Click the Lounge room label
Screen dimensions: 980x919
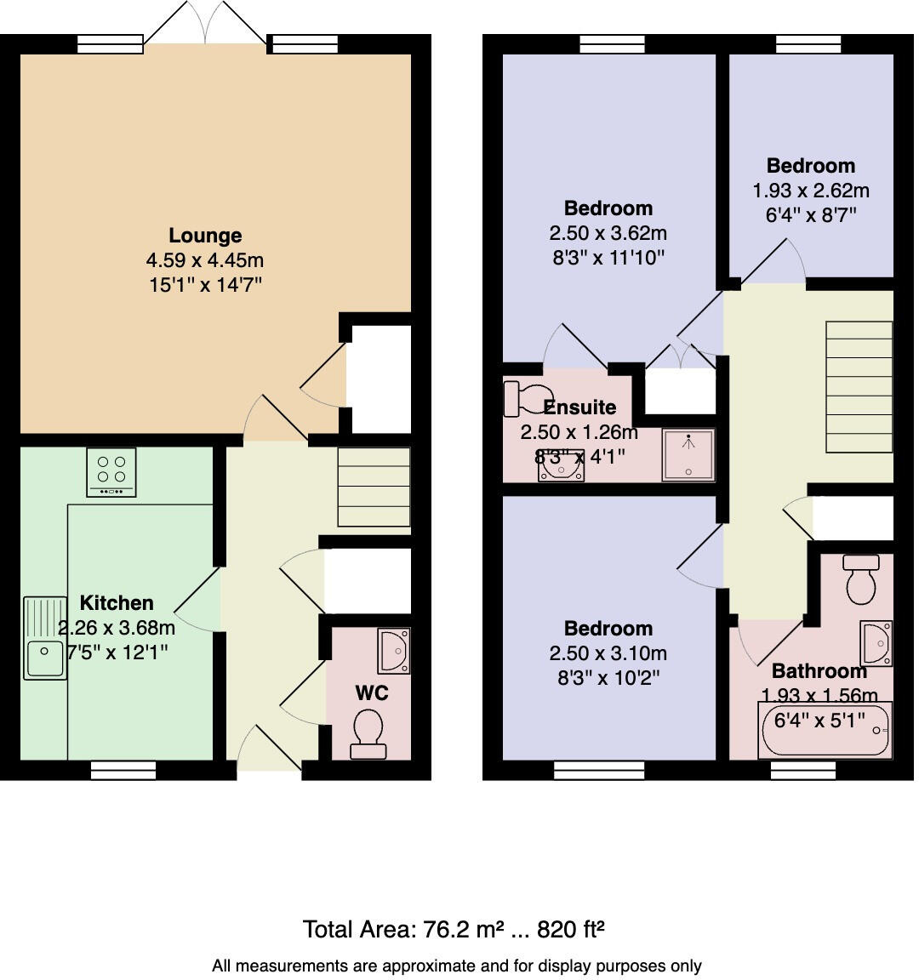click(205, 236)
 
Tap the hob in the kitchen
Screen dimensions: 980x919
click(111, 472)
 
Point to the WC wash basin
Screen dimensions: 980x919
click(394, 650)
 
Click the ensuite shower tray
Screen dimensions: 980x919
click(688, 454)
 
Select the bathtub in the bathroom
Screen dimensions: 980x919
click(825, 729)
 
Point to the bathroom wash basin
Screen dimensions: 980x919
click(876, 643)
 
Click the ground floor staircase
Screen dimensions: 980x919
click(374, 487)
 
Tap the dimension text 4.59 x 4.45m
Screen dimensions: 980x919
click(205, 260)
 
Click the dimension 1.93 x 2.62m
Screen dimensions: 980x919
click(810, 191)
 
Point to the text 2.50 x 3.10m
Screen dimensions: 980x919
click(608, 653)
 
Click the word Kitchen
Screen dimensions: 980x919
click(117, 603)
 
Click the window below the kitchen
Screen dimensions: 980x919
click(123, 770)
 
